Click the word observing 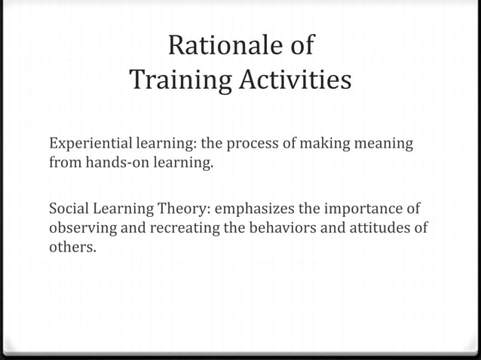[x=79, y=227]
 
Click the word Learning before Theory [x=123, y=209]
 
